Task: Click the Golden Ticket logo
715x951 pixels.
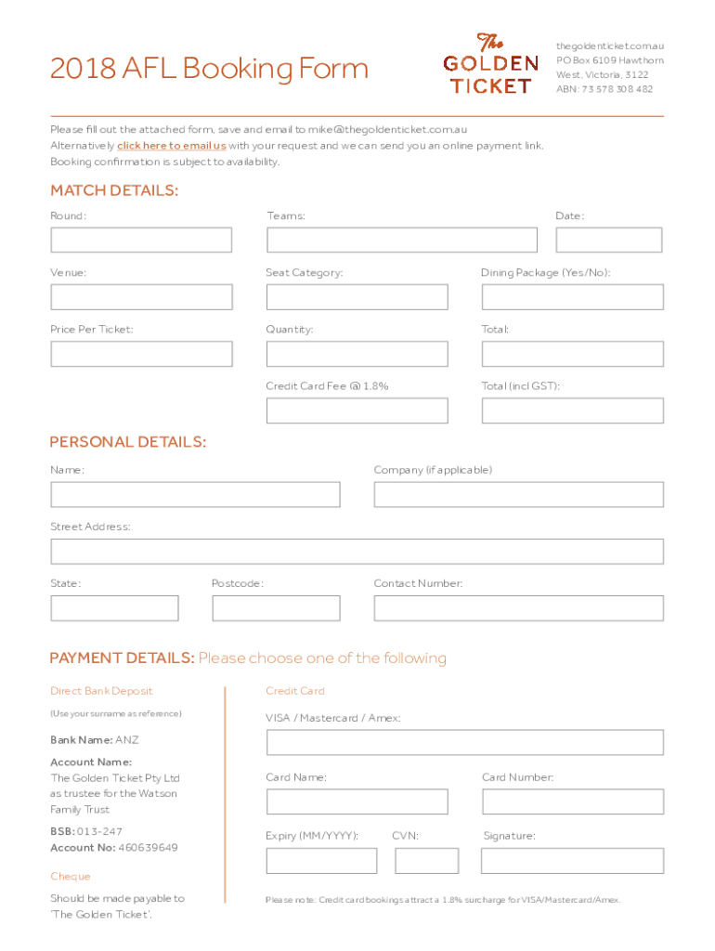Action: [489, 63]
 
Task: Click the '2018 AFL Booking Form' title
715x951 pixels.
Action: [209, 69]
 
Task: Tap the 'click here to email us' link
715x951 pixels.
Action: [171, 146]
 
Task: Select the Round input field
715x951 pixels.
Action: [141, 240]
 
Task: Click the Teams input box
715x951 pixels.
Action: [401, 240]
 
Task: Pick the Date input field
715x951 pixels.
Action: [608, 240]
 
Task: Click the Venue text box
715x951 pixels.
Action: [141, 297]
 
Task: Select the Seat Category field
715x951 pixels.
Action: [357, 297]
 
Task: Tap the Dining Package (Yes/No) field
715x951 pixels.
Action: [572, 297]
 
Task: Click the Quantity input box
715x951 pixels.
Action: [357, 354]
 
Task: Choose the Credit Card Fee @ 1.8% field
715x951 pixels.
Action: [357, 410]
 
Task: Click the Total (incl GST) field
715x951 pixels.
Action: [572, 410]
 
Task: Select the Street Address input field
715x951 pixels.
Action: [357, 552]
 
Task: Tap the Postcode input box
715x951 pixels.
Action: [276, 608]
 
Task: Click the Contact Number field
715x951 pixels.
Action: [518, 608]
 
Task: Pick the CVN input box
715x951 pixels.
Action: [426, 861]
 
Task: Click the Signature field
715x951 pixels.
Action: [572, 861]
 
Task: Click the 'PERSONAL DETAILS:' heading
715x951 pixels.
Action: [128, 442]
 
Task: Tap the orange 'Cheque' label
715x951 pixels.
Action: [71, 877]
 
